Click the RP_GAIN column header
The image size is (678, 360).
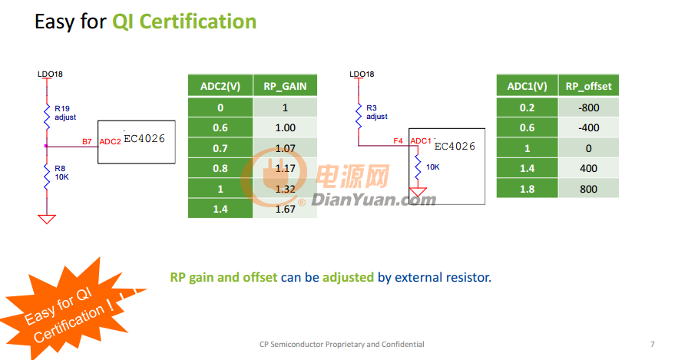[285, 86]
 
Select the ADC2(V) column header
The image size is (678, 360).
[220, 86]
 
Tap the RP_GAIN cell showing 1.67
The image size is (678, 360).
[285, 210]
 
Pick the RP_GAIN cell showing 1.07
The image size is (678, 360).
[285, 148]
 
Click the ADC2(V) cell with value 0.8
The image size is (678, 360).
[220, 168]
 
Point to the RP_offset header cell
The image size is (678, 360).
[588, 86]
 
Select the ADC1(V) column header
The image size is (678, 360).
[527, 86]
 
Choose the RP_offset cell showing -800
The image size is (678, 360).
[588, 107]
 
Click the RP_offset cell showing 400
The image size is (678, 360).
[588, 168]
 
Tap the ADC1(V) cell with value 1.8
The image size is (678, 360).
[527, 189]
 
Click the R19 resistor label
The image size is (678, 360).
[62, 108]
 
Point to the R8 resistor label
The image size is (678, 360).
[60, 169]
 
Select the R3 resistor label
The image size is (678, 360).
[372, 107]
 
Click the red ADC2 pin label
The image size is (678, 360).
[110, 142]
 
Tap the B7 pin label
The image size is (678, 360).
[87, 142]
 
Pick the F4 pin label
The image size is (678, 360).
[398, 141]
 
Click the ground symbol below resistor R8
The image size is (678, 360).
[47, 219]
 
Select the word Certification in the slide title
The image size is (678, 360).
[197, 21]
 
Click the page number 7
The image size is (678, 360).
[653, 345]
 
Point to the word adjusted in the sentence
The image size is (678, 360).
[348, 277]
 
